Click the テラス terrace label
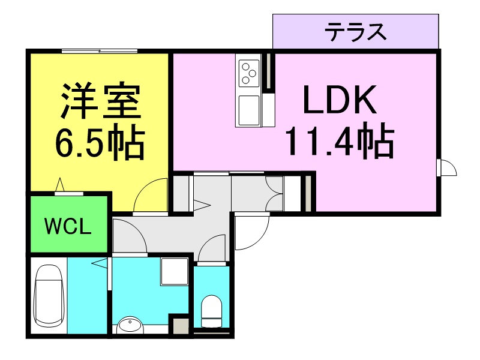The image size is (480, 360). click(x=355, y=32)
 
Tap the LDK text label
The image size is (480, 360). click(x=340, y=100)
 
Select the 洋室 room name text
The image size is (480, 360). click(x=101, y=100)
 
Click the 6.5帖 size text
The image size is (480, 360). click(x=100, y=142)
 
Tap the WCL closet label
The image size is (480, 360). click(x=68, y=226)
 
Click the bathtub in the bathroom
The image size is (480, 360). click(x=49, y=296)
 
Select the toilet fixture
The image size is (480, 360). click(x=211, y=311)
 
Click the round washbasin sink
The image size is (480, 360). click(x=130, y=325)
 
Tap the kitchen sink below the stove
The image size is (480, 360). click(x=249, y=110)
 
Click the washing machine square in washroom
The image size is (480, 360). click(x=175, y=272)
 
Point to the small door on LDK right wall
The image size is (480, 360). click(x=448, y=167)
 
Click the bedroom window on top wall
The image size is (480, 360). click(x=99, y=51)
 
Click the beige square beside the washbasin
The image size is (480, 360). click(x=180, y=326)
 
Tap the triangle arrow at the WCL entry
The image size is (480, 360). click(x=61, y=185)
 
